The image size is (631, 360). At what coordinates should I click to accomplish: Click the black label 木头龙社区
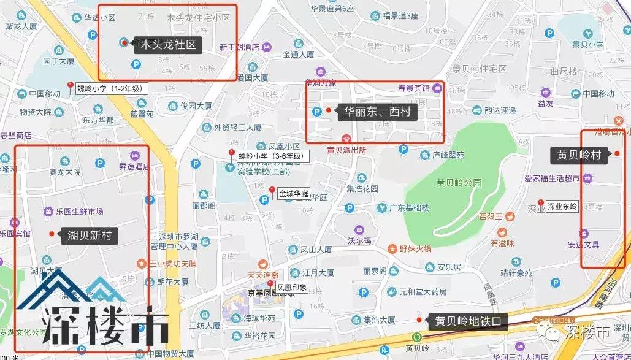[167, 44]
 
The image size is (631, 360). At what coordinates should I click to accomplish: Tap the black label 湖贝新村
[90, 235]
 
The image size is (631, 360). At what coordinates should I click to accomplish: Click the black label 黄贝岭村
[579, 155]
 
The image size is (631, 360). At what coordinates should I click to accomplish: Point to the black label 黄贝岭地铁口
[468, 321]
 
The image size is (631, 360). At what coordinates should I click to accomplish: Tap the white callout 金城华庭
[291, 191]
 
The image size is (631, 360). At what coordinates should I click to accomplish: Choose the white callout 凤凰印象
[291, 286]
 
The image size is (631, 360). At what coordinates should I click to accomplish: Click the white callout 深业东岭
[562, 207]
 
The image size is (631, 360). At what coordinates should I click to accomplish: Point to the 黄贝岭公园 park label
[459, 183]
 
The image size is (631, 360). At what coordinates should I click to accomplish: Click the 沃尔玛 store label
[360, 241]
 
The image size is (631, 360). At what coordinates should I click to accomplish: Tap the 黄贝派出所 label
[346, 149]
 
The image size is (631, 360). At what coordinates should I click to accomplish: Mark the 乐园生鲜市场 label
[79, 212]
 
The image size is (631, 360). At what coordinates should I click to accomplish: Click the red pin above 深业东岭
[540, 202]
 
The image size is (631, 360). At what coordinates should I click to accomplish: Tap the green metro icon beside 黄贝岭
[417, 337]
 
